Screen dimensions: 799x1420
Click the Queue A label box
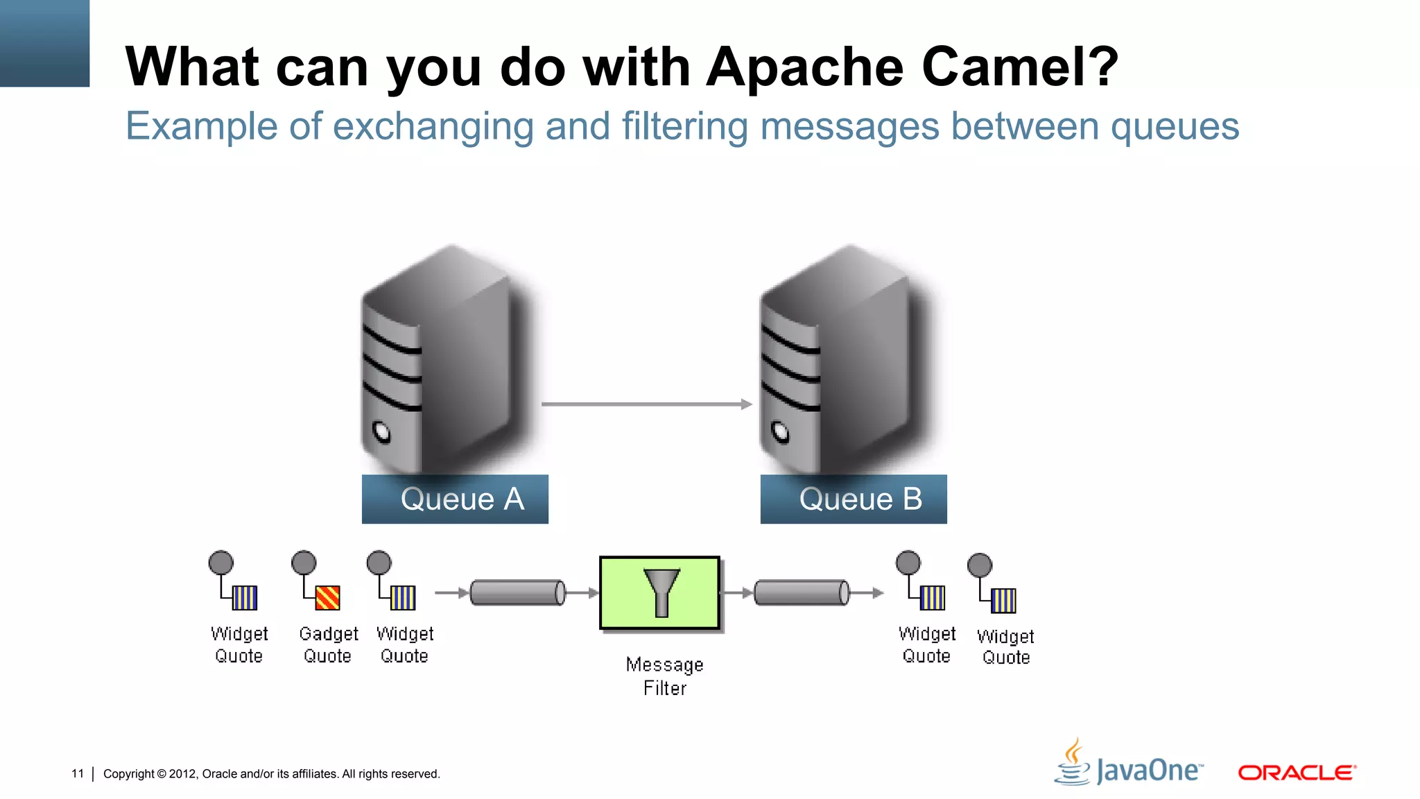click(x=455, y=499)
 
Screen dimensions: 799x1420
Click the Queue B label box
click(x=854, y=499)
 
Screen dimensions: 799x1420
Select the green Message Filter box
click(x=659, y=593)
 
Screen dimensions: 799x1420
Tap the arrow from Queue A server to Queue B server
click(x=645, y=404)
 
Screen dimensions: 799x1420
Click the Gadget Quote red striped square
click(x=327, y=598)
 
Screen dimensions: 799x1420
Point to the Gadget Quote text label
click(x=328, y=644)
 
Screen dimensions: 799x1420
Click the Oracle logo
click(x=1297, y=772)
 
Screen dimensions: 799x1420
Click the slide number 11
click(x=78, y=773)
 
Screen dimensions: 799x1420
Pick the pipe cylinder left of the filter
click(x=517, y=592)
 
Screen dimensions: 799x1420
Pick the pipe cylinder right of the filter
click(x=802, y=592)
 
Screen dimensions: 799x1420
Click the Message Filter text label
click(x=664, y=676)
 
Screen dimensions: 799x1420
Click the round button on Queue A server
click(x=381, y=432)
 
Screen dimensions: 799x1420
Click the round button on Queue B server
click(x=781, y=432)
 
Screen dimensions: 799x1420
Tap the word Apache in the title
click(x=805, y=67)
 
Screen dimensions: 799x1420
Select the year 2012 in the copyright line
click(x=182, y=774)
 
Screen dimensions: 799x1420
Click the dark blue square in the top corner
click(x=44, y=43)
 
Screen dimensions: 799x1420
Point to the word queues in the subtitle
click(x=1175, y=127)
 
